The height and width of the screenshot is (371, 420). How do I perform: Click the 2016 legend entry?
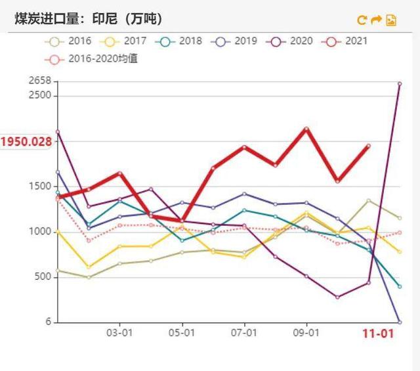[x=68, y=41]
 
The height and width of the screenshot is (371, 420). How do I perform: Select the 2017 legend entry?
[x=124, y=41]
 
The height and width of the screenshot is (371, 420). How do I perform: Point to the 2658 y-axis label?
[x=40, y=81]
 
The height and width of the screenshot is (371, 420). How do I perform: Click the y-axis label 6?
[x=48, y=322]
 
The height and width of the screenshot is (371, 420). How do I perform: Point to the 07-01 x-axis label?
[x=244, y=334]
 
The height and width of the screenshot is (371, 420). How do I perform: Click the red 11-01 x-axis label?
[x=379, y=334]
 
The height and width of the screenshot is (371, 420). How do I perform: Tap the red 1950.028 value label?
[x=26, y=142]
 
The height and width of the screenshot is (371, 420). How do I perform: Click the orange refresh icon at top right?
[x=362, y=20]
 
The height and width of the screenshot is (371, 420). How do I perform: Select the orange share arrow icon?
[x=376, y=20]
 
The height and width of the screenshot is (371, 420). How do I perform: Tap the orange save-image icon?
[x=391, y=20]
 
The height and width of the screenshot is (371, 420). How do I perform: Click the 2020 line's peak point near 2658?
[x=400, y=83]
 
